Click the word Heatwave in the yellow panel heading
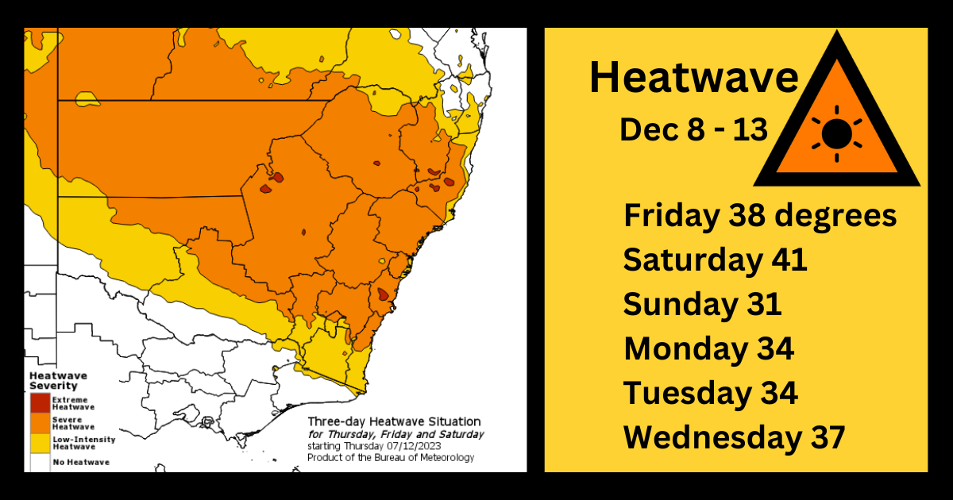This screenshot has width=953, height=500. pyautogui.click(x=693, y=78)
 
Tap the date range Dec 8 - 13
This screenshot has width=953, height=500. pyautogui.click(x=693, y=129)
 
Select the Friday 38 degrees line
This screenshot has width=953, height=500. pyautogui.click(x=760, y=216)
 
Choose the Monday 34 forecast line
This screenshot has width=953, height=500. pyautogui.click(x=708, y=348)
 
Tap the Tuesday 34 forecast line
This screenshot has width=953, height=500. pyautogui.click(x=710, y=393)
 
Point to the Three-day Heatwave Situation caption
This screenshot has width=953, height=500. pyautogui.click(x=393, y=421)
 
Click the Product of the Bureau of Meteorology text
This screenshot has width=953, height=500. pyautogui.click(x=390, y=457)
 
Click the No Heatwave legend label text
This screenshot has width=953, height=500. pyautogui.click(x=82, y=462)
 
